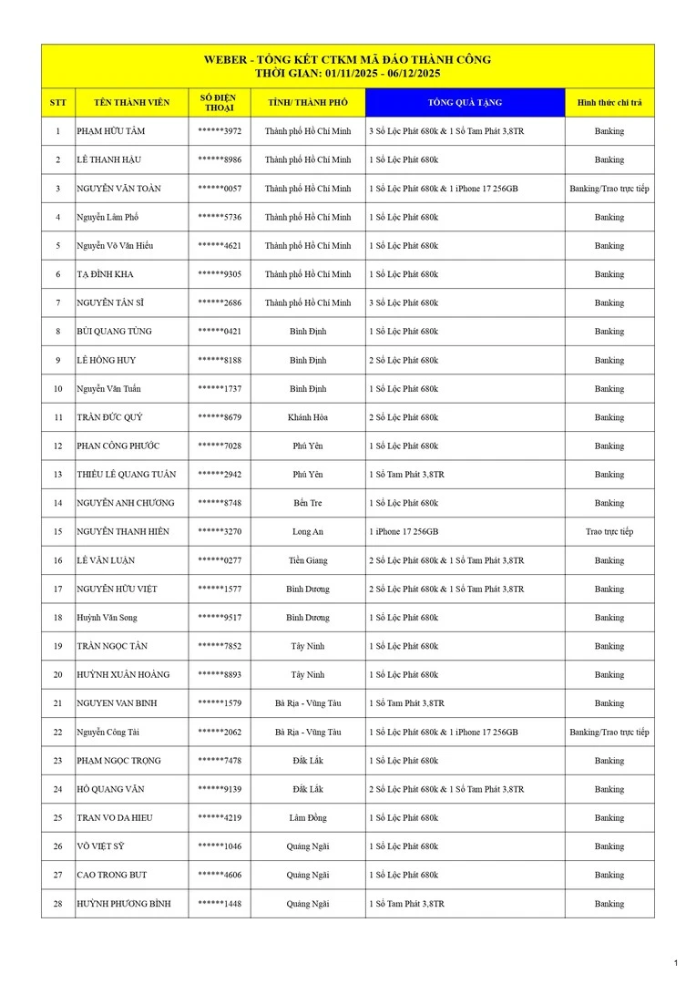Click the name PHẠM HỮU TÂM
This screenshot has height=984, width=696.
point(110,131)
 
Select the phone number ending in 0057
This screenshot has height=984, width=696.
point(220,189)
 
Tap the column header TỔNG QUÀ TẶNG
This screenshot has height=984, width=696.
point(465,103)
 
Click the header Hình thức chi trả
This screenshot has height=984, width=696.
point(609,103)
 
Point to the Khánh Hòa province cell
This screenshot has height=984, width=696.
point(308,417)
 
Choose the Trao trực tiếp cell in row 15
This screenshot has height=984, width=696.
point(609,531)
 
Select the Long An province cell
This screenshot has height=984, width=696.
point(308,531)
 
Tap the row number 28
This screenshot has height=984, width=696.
point(58,904)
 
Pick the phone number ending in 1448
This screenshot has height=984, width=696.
point(220,904)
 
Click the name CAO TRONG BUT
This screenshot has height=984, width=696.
point(112,875)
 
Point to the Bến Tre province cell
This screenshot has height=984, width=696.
point(308,503)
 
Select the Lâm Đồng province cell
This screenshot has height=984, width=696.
point(308,818)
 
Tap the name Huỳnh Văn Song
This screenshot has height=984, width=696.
point(107,618)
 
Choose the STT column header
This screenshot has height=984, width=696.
point(58,103)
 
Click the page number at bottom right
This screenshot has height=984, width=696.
point(675,963)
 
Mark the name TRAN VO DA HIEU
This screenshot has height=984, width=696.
point(115,818)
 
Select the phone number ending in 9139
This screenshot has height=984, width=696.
point(220,789)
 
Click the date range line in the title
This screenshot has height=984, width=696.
point(348,73)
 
